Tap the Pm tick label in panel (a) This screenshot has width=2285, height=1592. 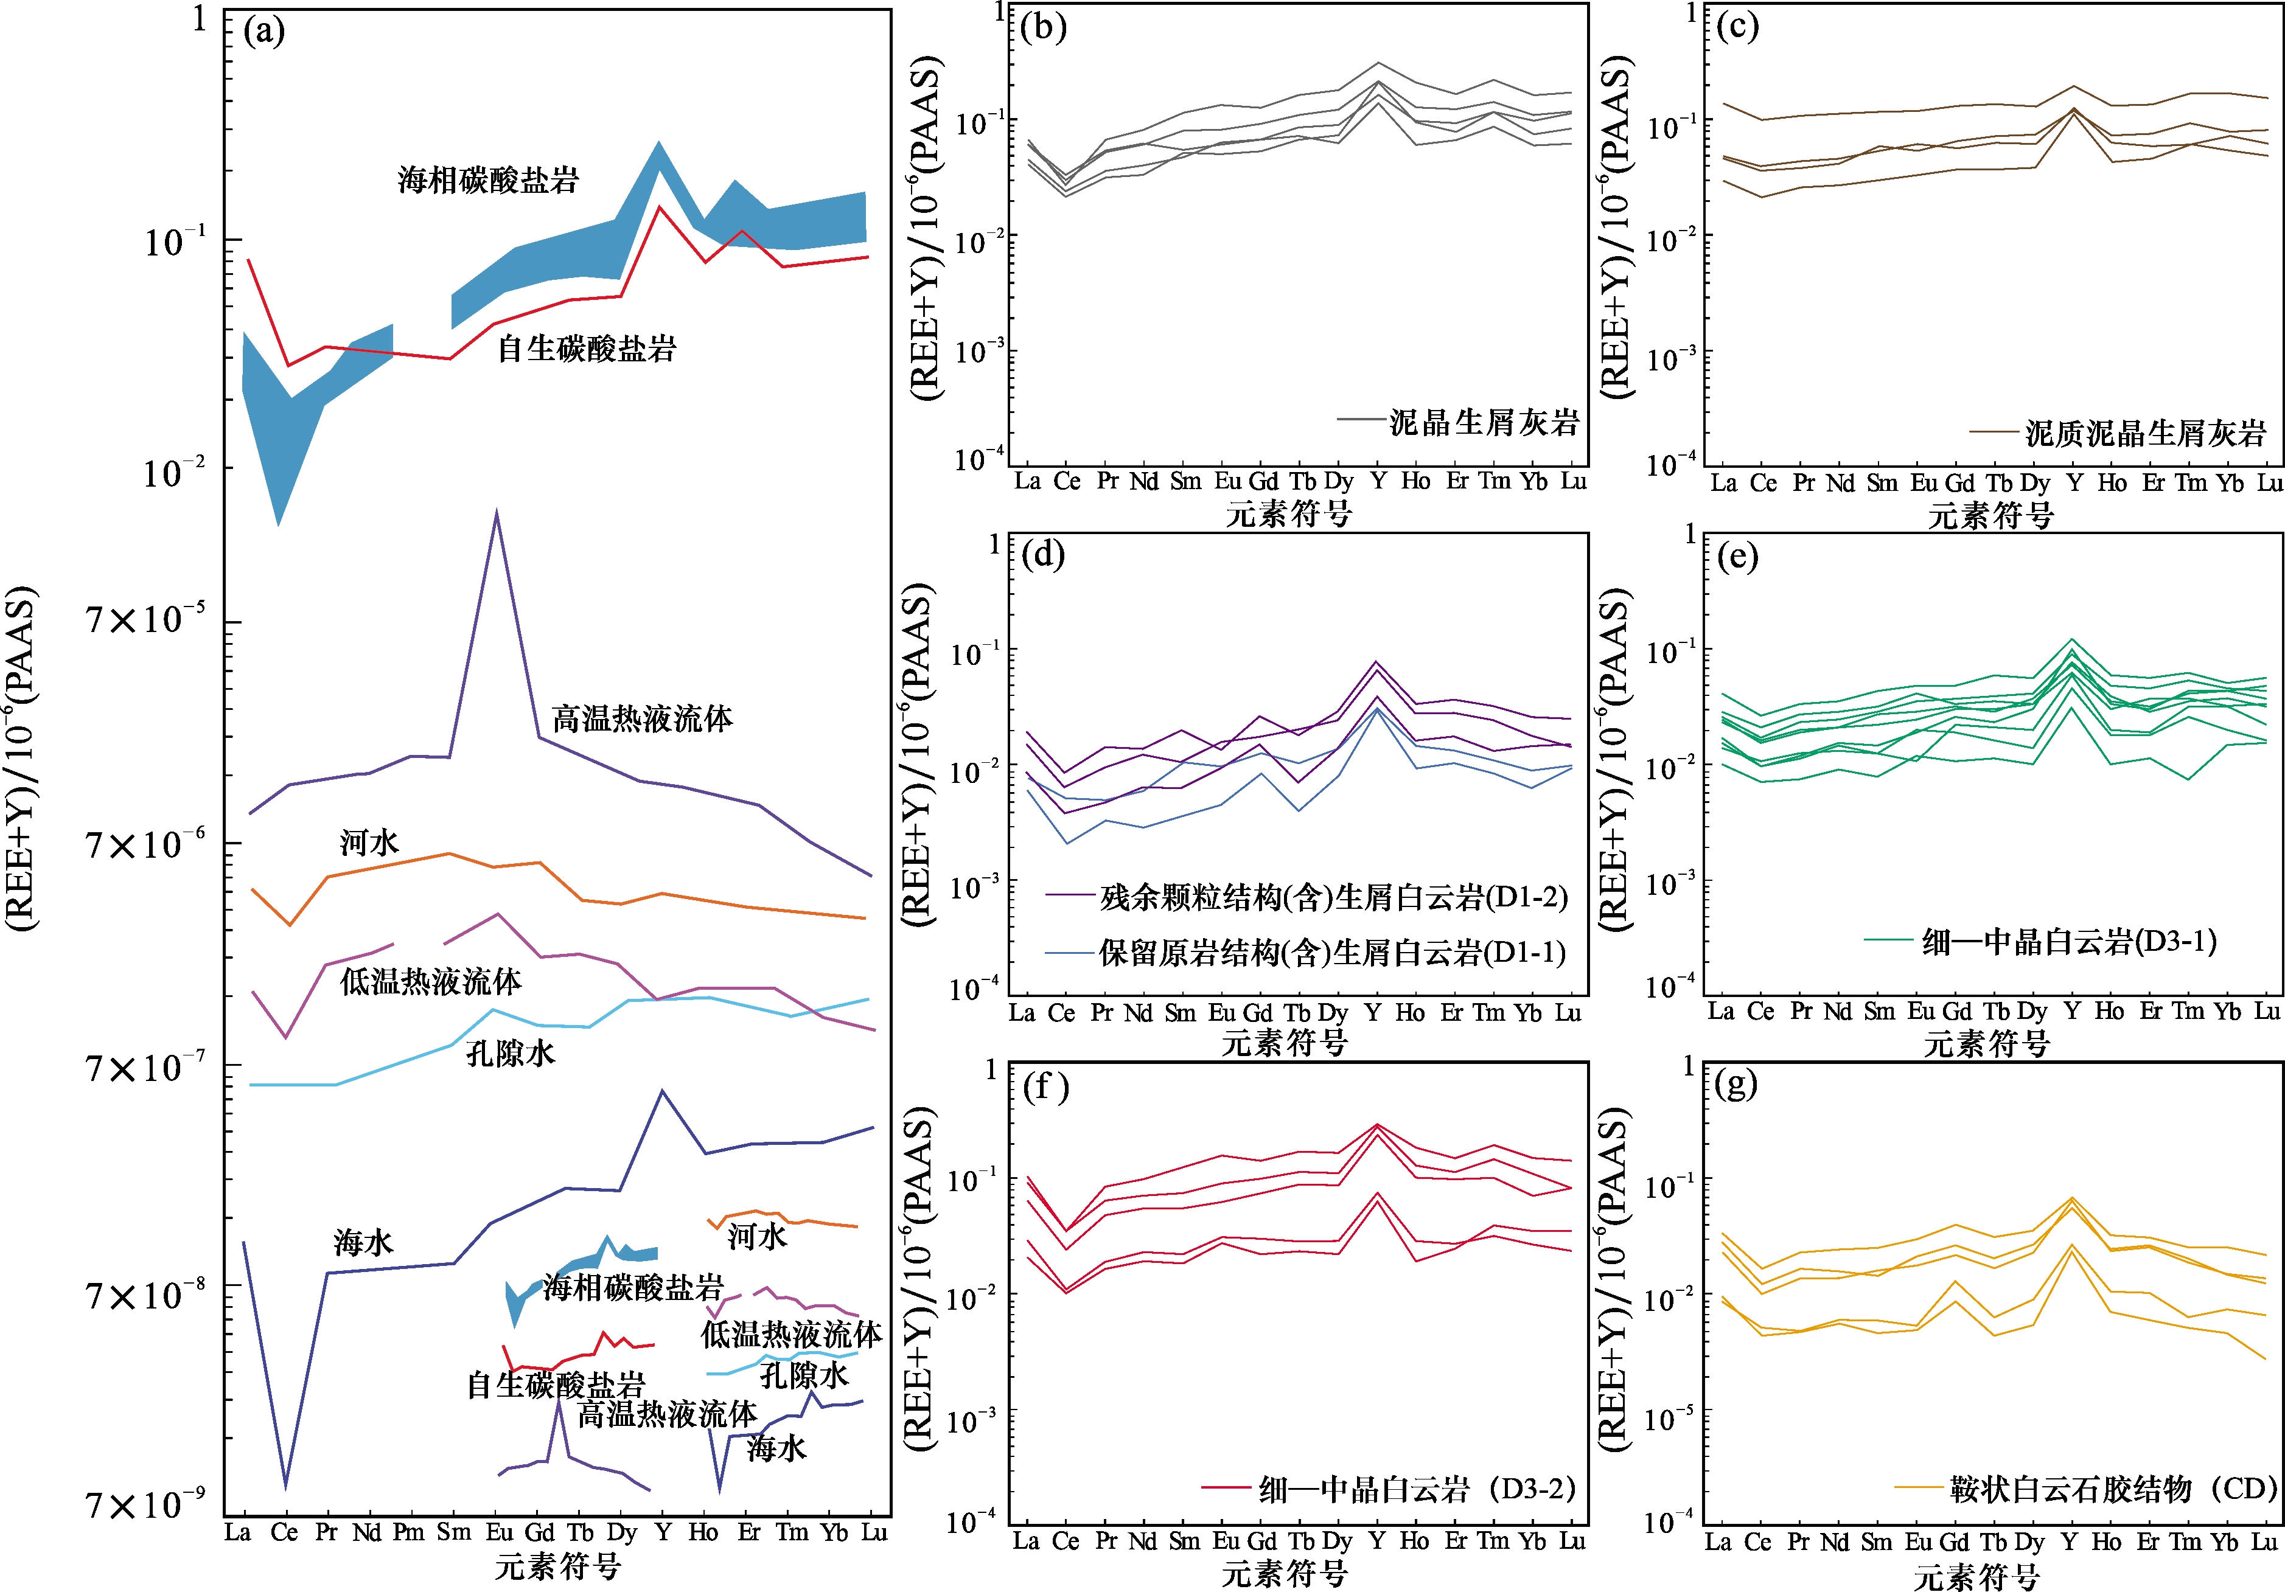pos(408,1532)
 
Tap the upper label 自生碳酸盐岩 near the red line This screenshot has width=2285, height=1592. pos(586,348)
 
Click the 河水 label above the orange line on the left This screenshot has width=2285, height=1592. pos(369,843)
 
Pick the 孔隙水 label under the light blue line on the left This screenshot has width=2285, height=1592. pos(511,1054)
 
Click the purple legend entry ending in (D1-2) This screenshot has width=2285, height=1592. pos(1334,897)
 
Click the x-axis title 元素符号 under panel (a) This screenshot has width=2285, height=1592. pos(558,1567)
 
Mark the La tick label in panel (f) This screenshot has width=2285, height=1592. pos(1026,1542)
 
